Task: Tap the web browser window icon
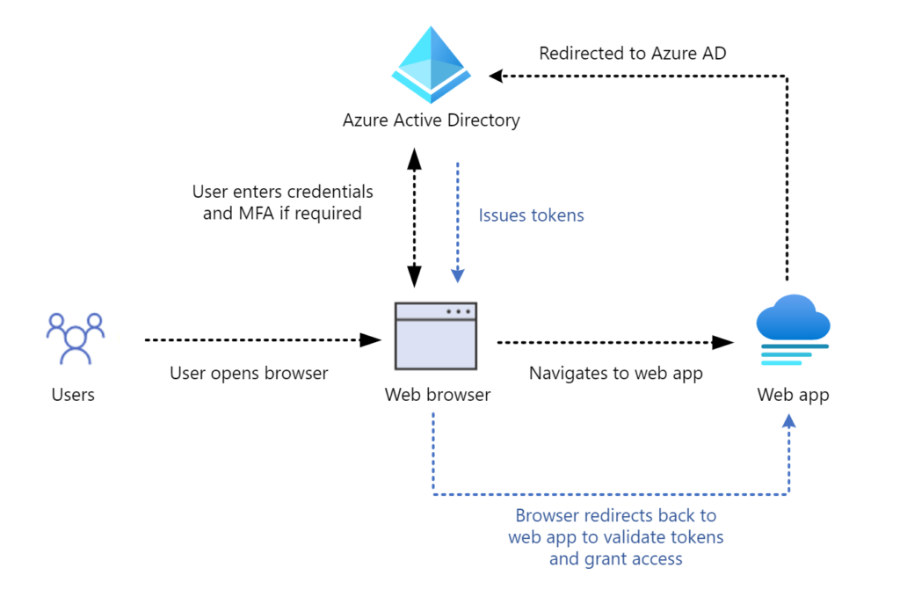click(436, 336)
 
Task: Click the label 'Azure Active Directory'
click(431, 120)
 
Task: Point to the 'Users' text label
click(73, 395)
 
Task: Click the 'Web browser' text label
click(437, 395)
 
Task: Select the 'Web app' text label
click(793, 395)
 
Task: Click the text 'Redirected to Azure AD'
click(633, 54)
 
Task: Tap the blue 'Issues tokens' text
click(531, 215)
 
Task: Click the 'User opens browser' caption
click(249, 373)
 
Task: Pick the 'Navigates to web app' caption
click(615, 373)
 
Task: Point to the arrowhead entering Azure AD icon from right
click(497, 76)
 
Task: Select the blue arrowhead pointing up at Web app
click(788, 423)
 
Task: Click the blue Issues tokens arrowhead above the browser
click(457, 276)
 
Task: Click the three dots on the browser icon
click(458, 311)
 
